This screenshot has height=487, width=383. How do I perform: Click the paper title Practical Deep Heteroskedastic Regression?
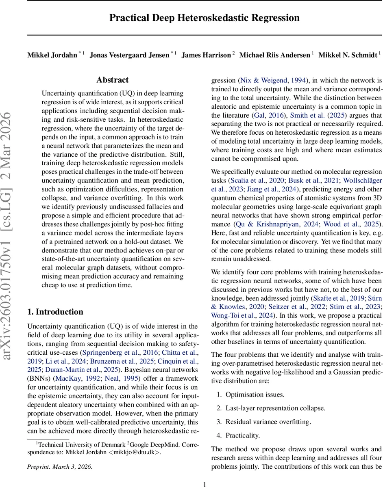click(205, 18)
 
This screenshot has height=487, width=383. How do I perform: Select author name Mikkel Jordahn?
click(52, 55)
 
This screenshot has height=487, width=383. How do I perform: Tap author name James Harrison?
click(206, 55)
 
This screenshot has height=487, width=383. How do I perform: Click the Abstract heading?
click(113, 80)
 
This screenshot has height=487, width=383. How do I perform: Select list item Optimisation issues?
click(255, 394)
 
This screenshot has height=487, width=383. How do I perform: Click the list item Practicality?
click(242, 435)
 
